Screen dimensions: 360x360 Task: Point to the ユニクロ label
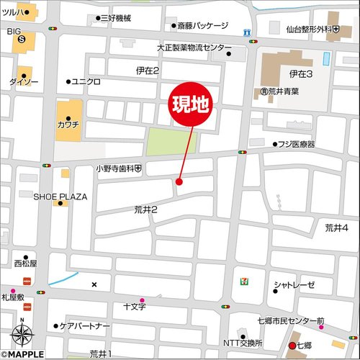coord(86,81)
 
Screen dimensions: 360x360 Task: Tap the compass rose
coord(22,335)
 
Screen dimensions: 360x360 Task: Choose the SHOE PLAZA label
coord(60,196)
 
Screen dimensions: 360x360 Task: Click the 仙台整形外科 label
coord(312,30)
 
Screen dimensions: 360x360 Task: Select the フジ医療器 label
coord(297,144)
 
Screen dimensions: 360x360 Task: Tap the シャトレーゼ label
coord(298,286)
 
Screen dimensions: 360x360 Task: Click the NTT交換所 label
coord(243,342)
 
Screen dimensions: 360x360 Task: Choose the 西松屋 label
coord(24,264)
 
